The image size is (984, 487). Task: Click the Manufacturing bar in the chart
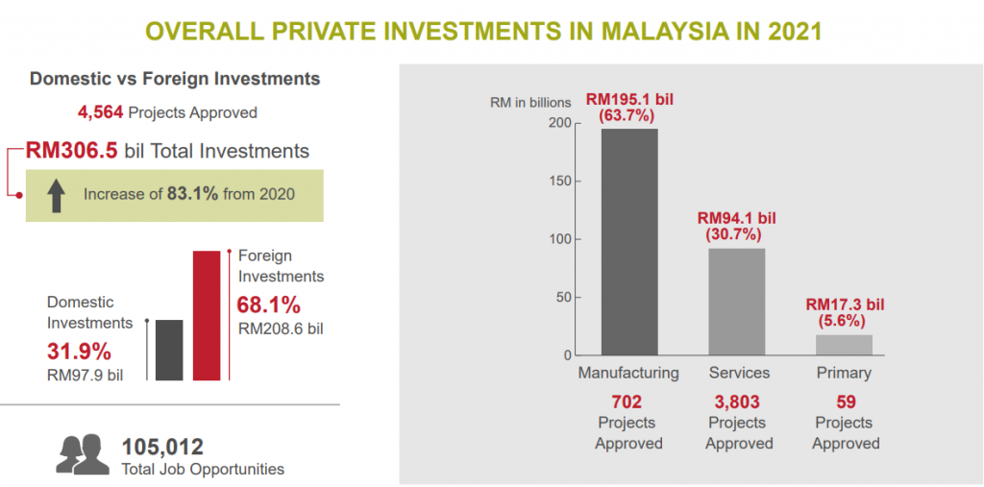(x=629, y=242)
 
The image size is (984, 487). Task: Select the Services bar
(x=737, y=302)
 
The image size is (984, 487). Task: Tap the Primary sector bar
(x=844, y=345)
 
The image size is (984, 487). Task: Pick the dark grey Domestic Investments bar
(x=168, y=351)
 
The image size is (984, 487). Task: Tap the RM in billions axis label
(x=530, y=103)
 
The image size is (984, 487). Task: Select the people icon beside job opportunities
(x=83, y=454)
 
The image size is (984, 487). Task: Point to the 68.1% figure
(x=268, y=305)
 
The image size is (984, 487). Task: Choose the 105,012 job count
(x=162, y=447)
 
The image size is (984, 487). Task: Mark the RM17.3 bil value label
(x=844, y=304)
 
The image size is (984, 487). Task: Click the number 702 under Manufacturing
(x=627, y=402)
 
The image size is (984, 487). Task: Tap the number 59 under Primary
(x=846, y=402)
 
